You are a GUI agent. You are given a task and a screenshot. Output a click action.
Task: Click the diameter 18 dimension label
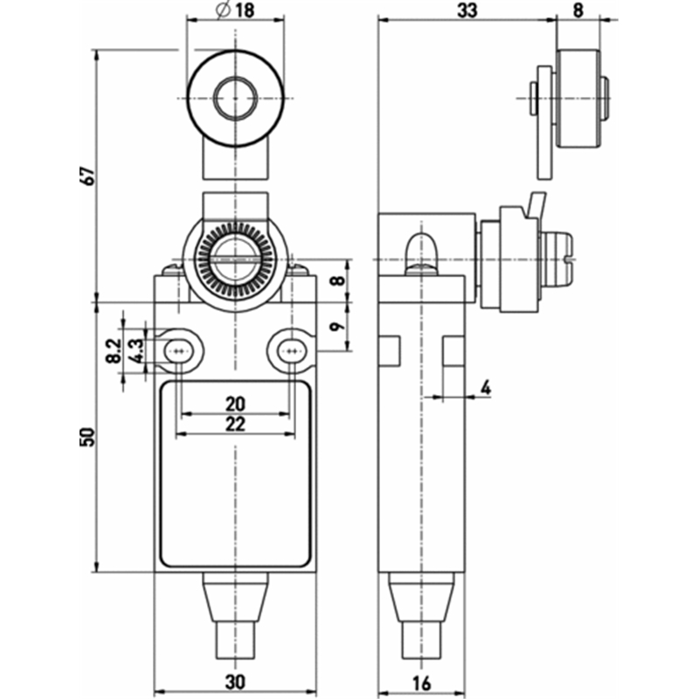pos(235,10)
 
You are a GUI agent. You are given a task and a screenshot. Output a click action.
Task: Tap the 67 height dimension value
pos(89,176)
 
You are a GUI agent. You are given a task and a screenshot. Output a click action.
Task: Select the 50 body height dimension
pos(88,437)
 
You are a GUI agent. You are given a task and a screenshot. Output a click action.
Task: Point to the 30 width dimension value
pos(235,682)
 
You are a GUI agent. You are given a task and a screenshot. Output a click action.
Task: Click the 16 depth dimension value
pos(422,682)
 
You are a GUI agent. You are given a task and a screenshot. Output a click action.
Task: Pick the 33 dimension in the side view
pos(467,10)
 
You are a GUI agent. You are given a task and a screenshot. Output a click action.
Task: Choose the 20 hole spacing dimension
pos(235,404)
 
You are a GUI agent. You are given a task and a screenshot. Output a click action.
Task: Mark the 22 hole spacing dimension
pos(235,424)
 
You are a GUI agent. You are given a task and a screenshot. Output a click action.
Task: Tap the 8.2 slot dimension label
pos(114,350)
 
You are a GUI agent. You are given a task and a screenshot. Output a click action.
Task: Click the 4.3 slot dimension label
pos(136,350)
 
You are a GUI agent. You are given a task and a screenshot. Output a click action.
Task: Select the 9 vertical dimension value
pos(337,327)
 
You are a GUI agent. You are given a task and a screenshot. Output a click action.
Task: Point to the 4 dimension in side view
pos(486,388)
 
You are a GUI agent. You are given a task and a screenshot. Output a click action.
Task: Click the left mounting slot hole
pos(178,352)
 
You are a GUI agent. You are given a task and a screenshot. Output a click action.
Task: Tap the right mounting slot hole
pos(292,352)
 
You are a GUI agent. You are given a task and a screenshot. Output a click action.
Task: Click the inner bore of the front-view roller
pos(235,98)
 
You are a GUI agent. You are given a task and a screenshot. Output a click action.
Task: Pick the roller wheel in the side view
pos(578,99)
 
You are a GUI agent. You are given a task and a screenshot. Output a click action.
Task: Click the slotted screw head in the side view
pos(557,260)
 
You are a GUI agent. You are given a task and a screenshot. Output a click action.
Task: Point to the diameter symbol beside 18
pos(224,10)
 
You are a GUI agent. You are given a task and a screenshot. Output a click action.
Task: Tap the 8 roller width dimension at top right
pos(578,10)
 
